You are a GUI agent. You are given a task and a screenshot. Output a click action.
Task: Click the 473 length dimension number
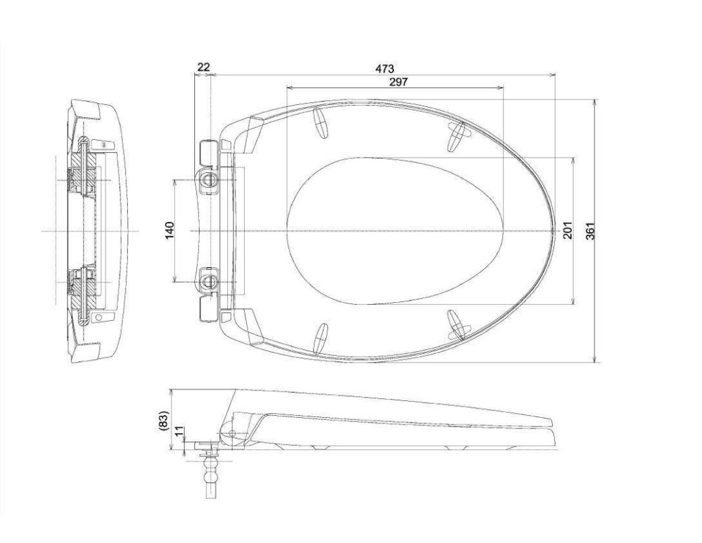click(385, 69)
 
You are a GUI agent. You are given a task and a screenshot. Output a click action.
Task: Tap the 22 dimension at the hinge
click(203, 67)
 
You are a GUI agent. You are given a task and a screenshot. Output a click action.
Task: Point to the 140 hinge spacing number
click(170, 230)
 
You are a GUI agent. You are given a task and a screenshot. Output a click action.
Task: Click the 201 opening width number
click(568, 230)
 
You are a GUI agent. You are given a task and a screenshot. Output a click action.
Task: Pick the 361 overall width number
click(591, 230)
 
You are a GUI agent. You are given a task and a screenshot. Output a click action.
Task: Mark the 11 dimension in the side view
click(179, 432)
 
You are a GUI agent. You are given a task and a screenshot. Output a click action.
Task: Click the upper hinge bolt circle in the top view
click(208, 179)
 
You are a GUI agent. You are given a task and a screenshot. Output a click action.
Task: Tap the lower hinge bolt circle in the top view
click(208, 281)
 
